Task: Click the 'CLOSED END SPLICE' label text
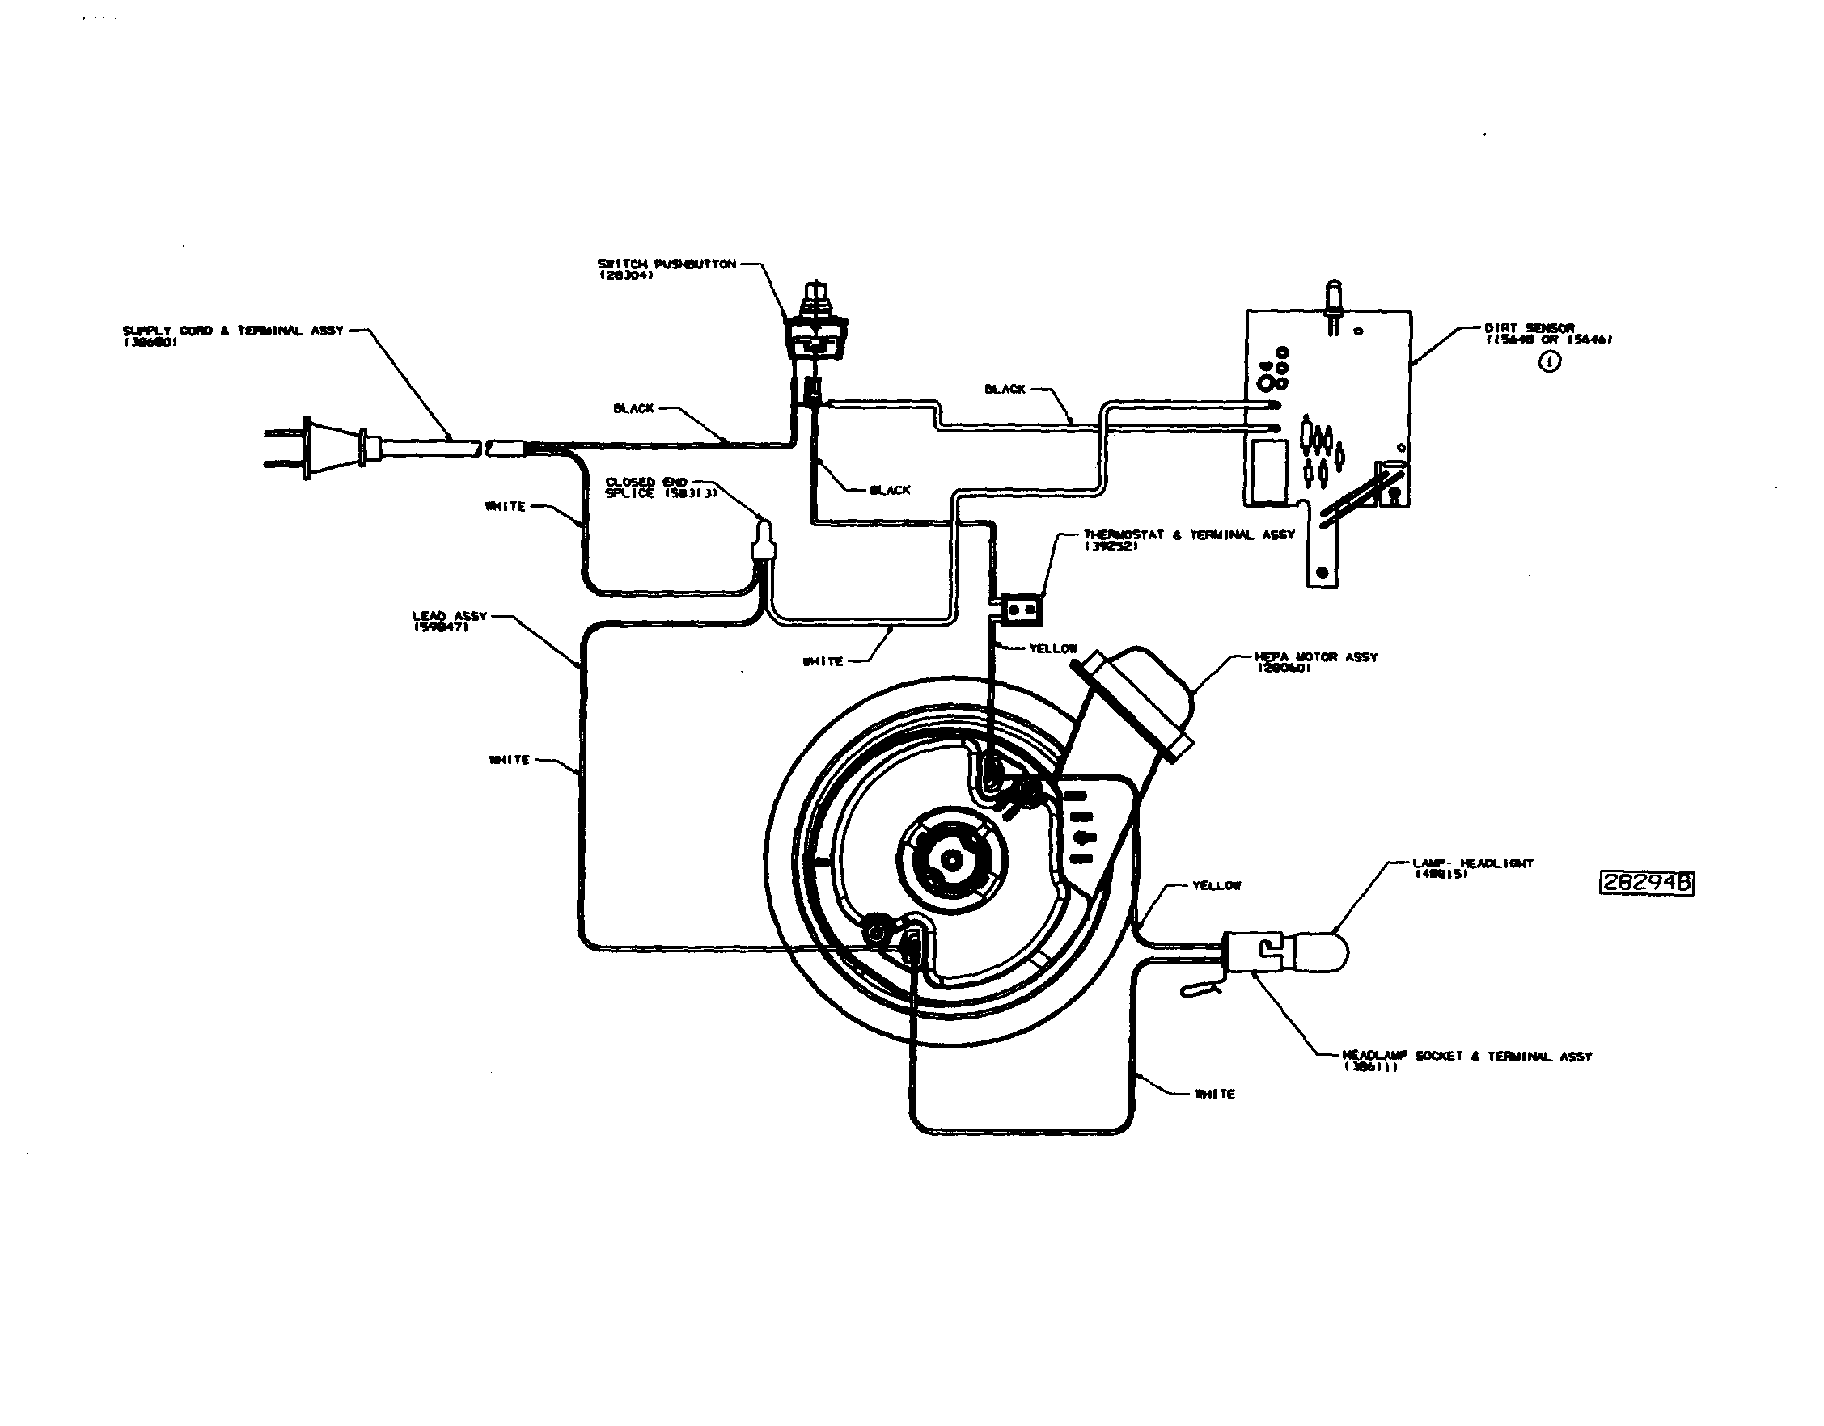point(660,487)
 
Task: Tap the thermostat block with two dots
point(1022,610)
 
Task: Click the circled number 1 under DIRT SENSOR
point(1549,362)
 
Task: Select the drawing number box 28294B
point(1646,884)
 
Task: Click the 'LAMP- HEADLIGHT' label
point(1473,867)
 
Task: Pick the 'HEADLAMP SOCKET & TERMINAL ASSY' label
point(1466,1061)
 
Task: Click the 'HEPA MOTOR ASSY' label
point(1315,661)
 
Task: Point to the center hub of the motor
point(950,858)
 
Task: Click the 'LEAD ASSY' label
point(449,620)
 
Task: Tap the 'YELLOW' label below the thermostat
point(1053,648)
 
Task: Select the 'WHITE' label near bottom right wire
point(1214,1094)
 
